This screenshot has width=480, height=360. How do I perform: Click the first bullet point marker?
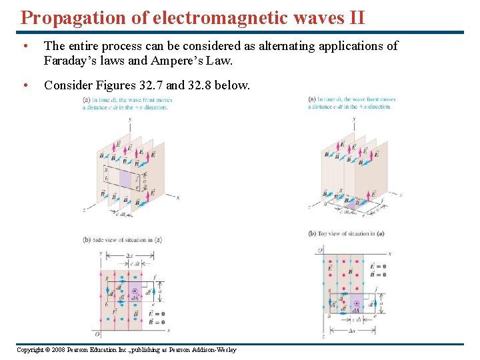pos(25,46)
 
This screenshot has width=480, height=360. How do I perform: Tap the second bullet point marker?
pos(25,85)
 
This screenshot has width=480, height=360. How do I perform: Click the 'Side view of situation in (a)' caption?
pos(123,238)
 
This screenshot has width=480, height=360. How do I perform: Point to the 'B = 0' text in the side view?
pos(158,321)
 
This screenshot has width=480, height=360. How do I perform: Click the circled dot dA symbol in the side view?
pos(135,291)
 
